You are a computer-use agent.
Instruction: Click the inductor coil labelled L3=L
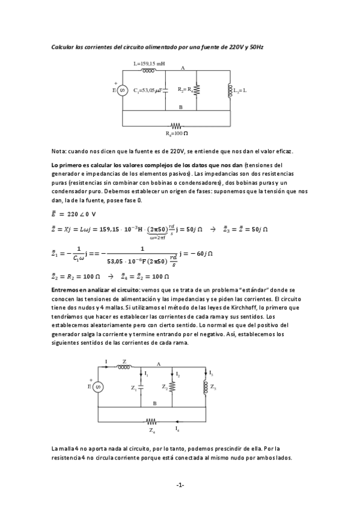[230, 90]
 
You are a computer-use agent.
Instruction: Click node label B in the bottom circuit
[154, 402]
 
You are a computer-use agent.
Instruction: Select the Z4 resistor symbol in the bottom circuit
[151, 423]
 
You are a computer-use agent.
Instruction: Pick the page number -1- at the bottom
[180, 485]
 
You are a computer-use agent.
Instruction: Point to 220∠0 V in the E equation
[78, 214]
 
